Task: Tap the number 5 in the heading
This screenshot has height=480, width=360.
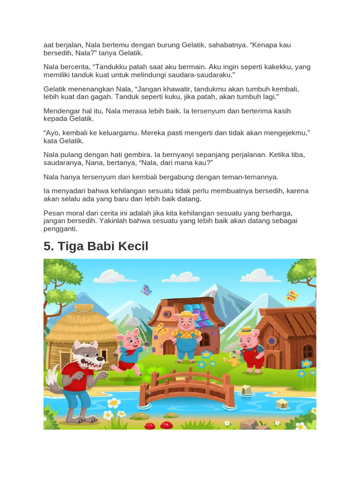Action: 48,246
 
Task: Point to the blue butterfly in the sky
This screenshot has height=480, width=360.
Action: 146,290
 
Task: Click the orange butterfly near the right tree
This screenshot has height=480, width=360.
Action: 292,296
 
